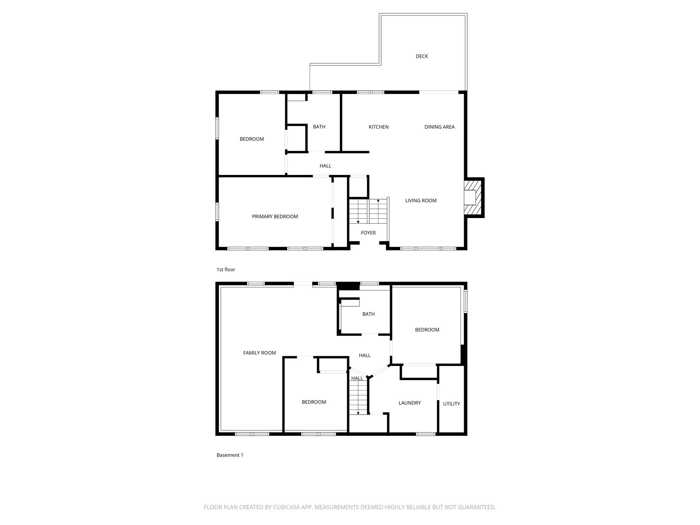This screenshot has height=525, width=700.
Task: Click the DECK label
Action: pos(421,56)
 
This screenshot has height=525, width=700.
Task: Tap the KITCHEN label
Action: pos(378,127)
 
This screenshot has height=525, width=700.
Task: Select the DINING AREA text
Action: pos(439,127)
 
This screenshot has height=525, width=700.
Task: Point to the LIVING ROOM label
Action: pos(421,201)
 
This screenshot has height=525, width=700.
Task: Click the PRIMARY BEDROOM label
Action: pos(275,217)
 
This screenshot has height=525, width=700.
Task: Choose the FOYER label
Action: pos(368,233)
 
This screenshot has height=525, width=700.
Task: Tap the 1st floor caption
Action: pos(226,270)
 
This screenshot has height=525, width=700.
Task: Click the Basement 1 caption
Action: pos(230,455)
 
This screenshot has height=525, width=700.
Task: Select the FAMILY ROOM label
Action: pos(259,353)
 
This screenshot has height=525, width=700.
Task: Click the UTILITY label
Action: pos(451,404)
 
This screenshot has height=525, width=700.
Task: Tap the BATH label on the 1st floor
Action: pos(319,127)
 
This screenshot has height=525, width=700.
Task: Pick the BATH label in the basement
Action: pos(368,314)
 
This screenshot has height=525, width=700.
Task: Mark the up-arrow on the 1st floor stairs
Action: pos(378,200)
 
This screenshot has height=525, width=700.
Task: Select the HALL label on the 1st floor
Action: pos(325,166)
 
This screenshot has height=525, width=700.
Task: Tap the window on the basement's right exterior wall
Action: pos(466,301)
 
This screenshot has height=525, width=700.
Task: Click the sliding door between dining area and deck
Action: pos(439,92)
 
